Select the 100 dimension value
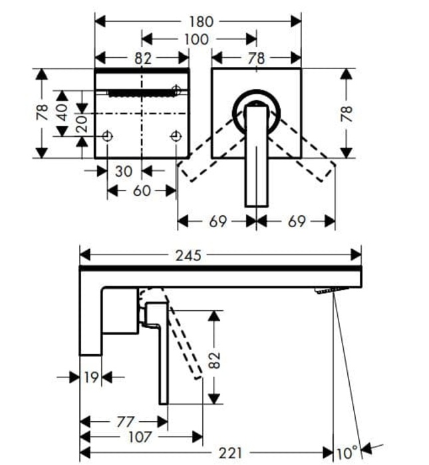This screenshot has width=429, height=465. click(196, 39)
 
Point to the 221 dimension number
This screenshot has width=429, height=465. click(230, 454)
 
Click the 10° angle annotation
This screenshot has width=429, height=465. click(347, 454)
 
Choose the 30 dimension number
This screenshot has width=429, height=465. click(124, 171)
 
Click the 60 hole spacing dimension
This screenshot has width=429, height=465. click(142, 191)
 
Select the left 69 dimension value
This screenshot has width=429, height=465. click(217, 221)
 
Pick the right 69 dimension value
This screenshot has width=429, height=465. click(297, 221)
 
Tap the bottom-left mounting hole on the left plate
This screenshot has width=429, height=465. click(108, 137)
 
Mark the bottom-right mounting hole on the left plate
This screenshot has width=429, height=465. click(176, 137)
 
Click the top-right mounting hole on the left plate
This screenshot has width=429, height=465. click(176, 90)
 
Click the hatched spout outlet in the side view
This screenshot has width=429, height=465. click(331, 290)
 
